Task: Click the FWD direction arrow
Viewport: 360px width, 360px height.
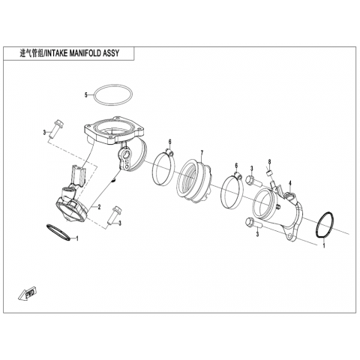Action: point(28,293)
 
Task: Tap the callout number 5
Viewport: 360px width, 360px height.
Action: point(86,95)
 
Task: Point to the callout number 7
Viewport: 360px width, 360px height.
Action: point(202,152)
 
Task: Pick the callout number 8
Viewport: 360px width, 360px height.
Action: point(269,161)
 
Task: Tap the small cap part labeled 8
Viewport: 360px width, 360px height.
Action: point(270,173)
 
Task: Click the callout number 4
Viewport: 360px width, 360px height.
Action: point(290,184)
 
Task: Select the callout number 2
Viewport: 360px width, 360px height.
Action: point(99,207)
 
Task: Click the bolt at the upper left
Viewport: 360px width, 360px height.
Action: point(55,128)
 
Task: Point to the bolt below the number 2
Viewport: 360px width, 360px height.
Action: point(113,214)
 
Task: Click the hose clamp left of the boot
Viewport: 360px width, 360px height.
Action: point(163,166)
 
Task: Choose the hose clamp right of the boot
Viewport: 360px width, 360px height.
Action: point(233,191)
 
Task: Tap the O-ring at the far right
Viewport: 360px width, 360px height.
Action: point(325,225)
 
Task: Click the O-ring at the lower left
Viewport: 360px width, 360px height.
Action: point(58,232)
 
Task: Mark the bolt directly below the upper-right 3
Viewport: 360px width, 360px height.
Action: point(253,181)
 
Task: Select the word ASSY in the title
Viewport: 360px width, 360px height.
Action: point(111,53)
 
